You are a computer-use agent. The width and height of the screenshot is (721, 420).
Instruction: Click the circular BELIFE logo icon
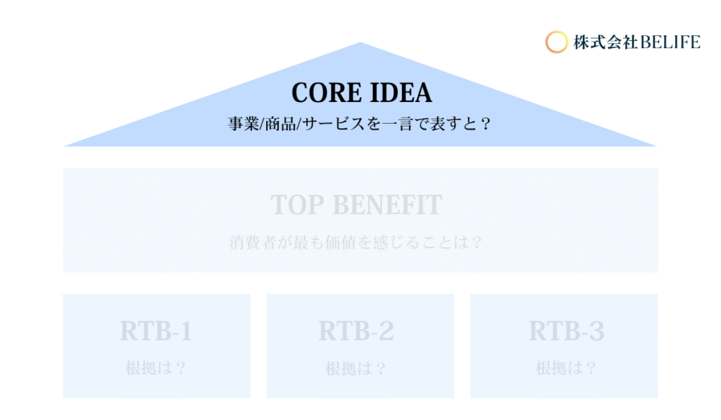click(556, 42)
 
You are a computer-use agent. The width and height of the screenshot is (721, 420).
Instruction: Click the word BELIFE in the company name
click(670, 42)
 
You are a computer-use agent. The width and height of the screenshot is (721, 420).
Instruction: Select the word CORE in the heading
click(326, 93)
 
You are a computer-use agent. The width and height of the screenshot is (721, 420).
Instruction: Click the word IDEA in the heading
click(401, 93)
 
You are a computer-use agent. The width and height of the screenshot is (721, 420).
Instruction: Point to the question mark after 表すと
click(486, 124)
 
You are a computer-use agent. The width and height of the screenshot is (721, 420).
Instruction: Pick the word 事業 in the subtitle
click(244, 124)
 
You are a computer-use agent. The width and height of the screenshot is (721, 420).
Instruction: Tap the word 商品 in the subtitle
click(280, 124)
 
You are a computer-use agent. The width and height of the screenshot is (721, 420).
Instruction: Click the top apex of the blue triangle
click(360, 42)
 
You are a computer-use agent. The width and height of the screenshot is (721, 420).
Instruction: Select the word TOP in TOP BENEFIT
click(296, 205)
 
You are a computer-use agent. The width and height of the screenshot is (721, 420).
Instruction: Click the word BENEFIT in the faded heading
click(387, 205)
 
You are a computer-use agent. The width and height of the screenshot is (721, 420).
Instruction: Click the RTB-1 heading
click(156, 331)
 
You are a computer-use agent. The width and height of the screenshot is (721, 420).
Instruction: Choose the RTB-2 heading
click(356, 331)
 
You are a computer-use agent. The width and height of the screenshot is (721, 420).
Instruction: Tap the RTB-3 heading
click(567, 331)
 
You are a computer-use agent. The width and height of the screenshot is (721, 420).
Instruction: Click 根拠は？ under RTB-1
click(156, 368)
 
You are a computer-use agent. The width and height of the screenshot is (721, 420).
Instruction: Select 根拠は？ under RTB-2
click(356, 368)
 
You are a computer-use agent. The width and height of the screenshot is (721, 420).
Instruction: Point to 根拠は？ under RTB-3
click(567, 368)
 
